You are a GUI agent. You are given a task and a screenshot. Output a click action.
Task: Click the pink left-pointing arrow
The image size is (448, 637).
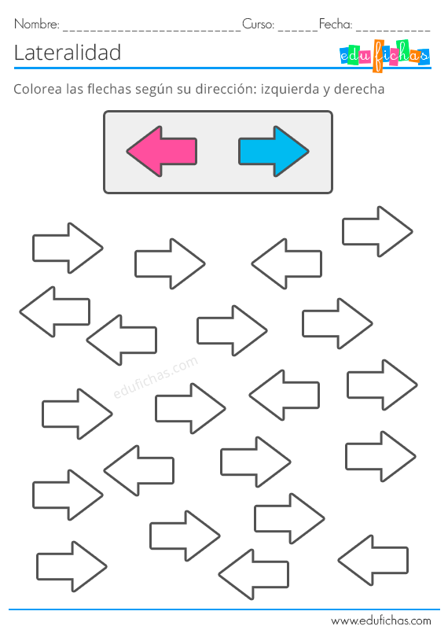tap(162, 151)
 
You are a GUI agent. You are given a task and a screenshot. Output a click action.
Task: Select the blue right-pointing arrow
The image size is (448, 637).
tap(274, 151)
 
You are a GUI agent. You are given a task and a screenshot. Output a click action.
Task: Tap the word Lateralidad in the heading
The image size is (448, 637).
tap(68, 53)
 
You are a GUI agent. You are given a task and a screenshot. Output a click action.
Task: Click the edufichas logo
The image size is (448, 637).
tap(384, 56)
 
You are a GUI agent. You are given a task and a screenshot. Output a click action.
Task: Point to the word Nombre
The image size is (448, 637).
tap(37, 24)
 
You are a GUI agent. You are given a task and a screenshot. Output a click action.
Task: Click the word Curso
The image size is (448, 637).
tap(259, 24)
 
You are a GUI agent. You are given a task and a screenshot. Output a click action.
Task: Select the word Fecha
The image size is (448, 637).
tap(336, 24)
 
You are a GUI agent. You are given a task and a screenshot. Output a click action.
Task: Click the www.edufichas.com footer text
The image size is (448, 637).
tap(381, 620)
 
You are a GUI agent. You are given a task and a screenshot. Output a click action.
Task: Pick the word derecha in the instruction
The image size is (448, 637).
tap(359, 89)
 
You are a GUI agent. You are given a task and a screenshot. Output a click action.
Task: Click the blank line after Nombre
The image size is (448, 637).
tap(152, 30)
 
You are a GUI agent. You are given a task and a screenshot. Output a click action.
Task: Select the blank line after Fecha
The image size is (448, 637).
tap(393, 30)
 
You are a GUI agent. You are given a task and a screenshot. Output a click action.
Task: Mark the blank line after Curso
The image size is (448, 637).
tap(298, 30)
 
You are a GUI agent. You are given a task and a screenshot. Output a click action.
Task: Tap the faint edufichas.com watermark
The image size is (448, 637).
tap(156, 377)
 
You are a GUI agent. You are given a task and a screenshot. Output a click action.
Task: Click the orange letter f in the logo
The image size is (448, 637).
tap(378, 56)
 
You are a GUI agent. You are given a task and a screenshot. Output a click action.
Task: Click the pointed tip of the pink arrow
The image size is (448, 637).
tap(127, 152)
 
